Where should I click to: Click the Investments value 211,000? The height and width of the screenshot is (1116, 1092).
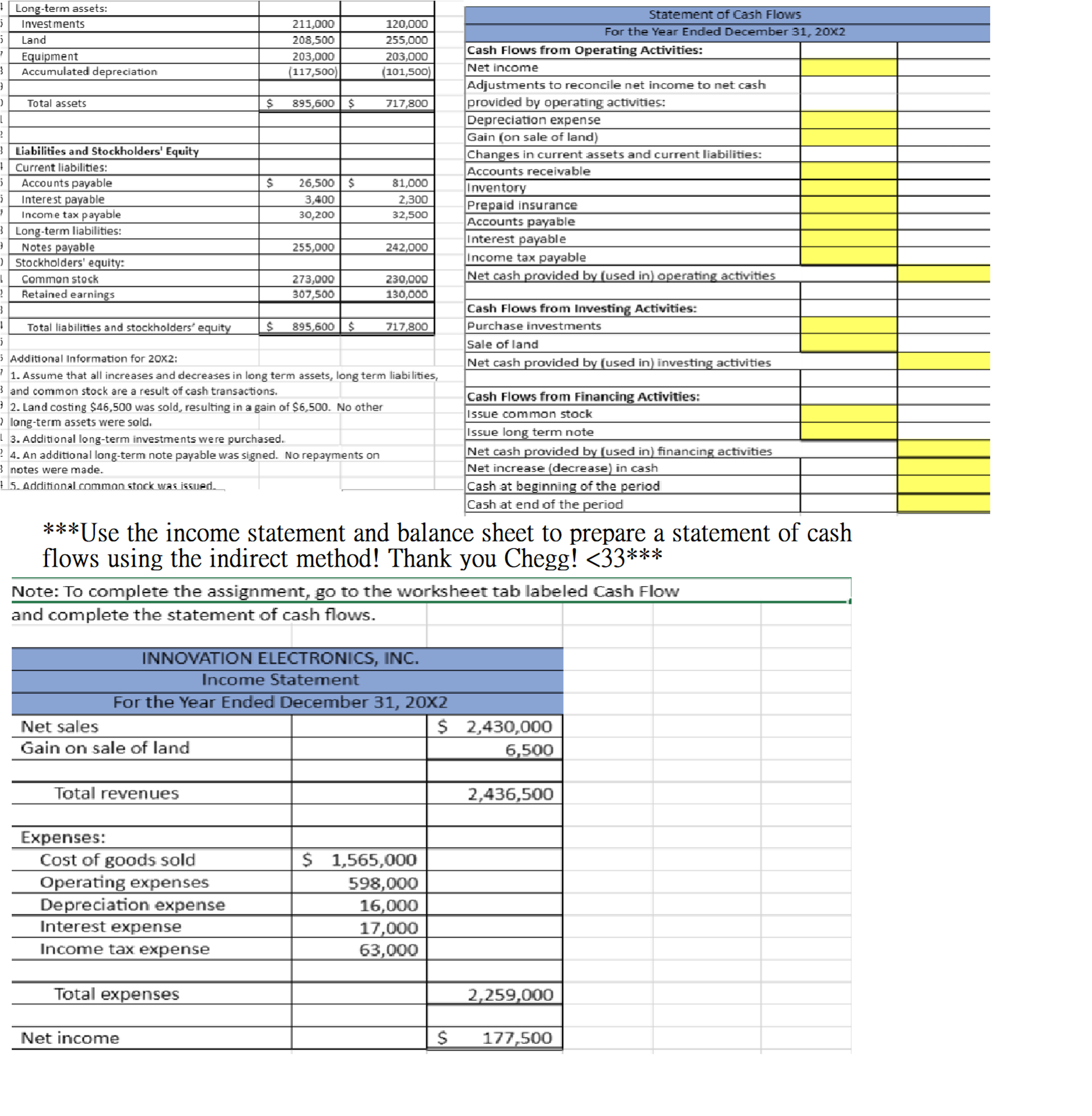tap(313, 24)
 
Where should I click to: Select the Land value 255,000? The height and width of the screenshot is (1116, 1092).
tap(406, 40)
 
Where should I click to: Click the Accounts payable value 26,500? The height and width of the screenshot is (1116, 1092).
tap(316, 183)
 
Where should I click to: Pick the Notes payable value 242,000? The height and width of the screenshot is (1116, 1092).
tap(406, 247)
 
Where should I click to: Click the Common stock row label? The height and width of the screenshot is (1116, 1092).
tap(60, 279)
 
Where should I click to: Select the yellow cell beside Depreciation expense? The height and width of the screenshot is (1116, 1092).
tap(848, 120)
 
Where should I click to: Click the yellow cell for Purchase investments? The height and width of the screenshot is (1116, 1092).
tap(848, 326)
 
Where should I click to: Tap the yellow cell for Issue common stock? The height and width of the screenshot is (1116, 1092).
tap(848, 414)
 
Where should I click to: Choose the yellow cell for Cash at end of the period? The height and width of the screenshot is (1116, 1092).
tap(943, 504)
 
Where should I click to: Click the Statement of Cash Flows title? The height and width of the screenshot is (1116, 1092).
tap(724, 14)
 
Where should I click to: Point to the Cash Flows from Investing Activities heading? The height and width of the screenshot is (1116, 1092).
tap(581, 309)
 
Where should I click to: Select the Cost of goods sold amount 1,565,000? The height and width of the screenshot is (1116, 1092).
tap(374, 860)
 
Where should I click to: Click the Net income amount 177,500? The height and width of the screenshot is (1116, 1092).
tap(516, 1038)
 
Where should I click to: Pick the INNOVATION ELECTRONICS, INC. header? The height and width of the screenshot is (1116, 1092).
tap(280, 658)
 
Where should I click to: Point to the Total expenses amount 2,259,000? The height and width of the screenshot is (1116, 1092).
tap(510, 995)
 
